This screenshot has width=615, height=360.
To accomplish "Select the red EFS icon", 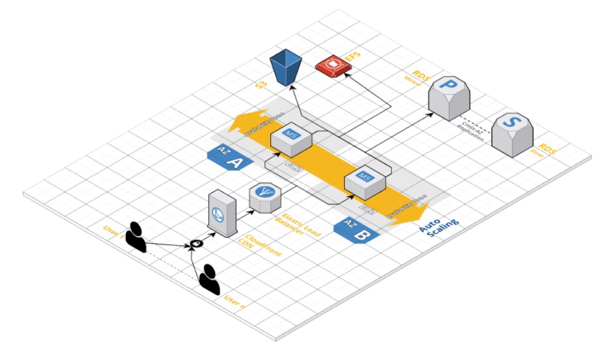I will tap(333, 65).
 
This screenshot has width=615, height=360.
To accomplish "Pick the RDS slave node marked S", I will tap(512, 133).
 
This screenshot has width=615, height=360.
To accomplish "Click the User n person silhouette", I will tap(210, 280).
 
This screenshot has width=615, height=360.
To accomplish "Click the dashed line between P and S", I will tap(483, 120).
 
